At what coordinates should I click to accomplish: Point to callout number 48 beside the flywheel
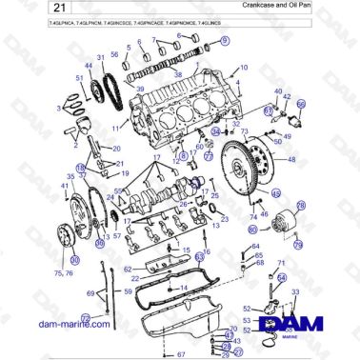click(x=291, y=159)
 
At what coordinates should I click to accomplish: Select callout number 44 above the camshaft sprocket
click(x=90, y=64)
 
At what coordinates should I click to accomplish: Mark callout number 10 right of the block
click(x=243, y=68)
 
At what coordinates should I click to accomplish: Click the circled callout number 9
click(x=225, y=41)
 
